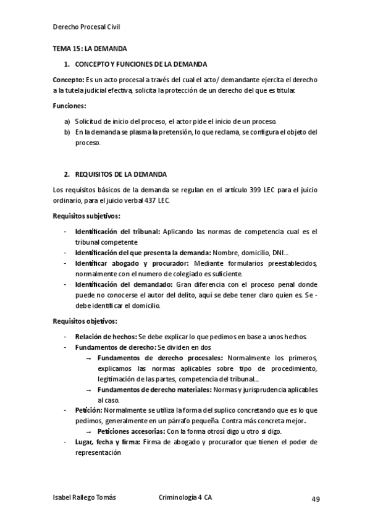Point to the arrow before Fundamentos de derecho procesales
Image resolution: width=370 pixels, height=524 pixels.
(89, 358)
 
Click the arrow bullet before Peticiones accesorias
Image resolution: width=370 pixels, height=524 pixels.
(89, 431)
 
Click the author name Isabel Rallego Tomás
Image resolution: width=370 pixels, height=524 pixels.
(85, 497)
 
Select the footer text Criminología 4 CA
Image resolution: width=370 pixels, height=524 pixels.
(185, 497)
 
